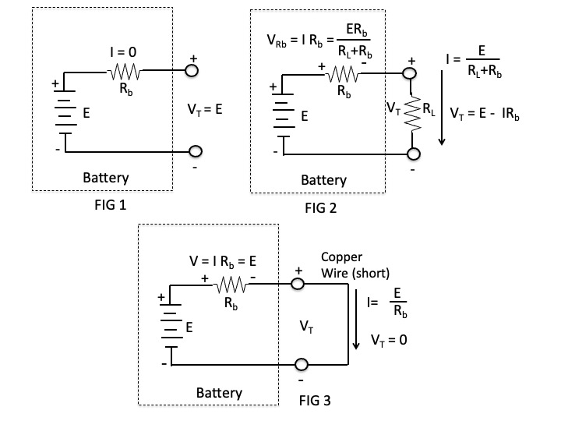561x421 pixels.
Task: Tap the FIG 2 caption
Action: [326, 209]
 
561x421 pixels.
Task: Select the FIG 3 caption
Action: [315, 402]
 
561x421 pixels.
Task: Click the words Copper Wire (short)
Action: [355, 264]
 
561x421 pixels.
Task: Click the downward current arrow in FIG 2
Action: [442, 105]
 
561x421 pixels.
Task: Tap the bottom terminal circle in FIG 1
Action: [193, 150]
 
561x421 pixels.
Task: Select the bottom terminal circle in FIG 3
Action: [300, 365]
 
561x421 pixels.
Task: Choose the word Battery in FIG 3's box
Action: [219, 392]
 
